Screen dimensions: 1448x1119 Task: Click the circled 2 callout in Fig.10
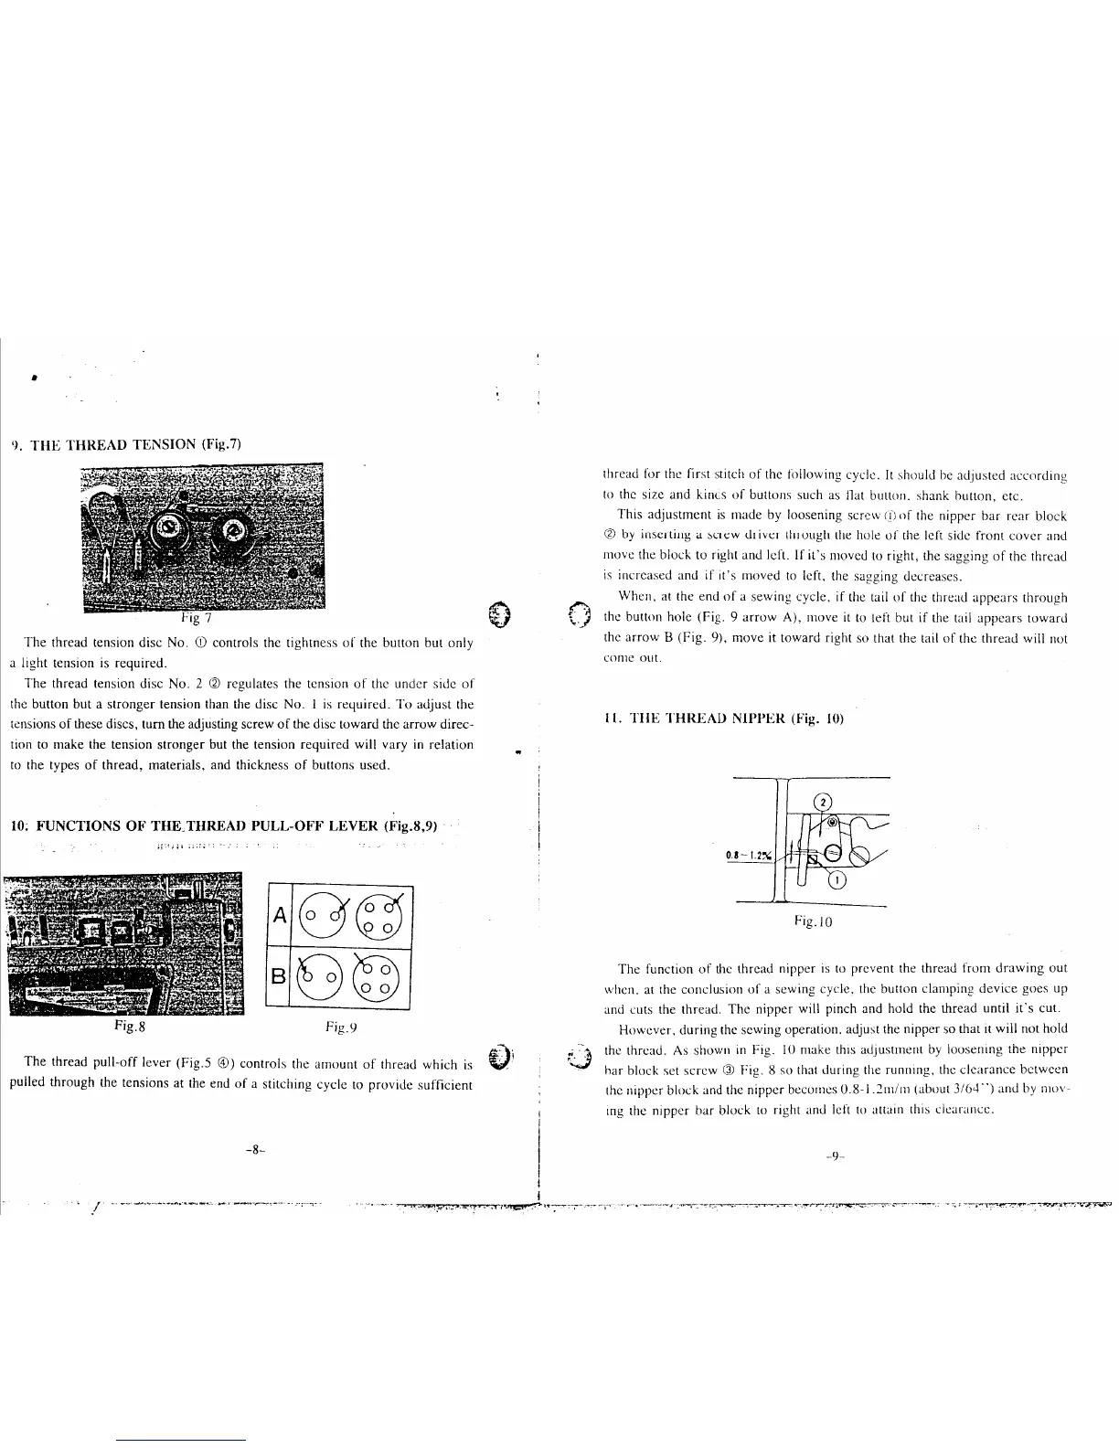coord(821,802)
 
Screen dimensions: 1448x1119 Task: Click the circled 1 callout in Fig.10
coord(837,881)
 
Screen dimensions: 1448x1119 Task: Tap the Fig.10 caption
coord(813,921)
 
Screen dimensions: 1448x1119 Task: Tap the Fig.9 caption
coord(339,1027)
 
